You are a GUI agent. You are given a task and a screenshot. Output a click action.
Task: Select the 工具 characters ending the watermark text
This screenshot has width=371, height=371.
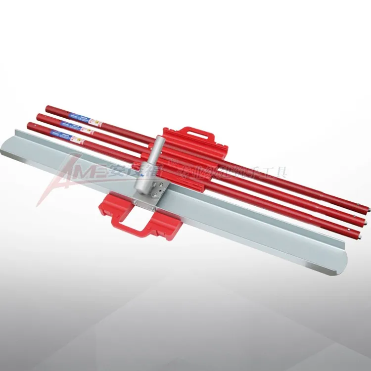pyautogui.click(x=277, y=175)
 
